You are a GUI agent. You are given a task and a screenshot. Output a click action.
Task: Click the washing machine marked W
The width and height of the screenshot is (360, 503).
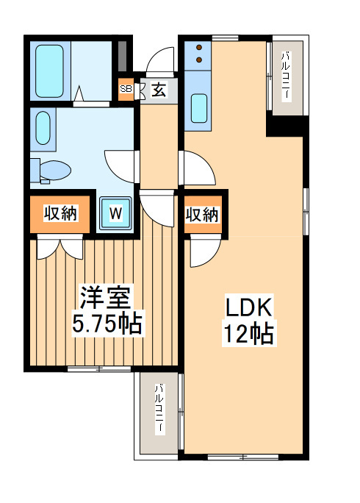click(115, 214)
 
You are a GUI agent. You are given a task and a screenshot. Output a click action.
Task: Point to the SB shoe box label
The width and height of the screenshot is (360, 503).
click(125, 90)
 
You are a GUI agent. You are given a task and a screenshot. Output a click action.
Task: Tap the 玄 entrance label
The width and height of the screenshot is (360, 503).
click(158, 90)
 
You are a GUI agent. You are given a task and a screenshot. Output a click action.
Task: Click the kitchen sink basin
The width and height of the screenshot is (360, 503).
click(199, 107)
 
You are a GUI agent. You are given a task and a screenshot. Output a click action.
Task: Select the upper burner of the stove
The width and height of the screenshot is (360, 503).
click(199, 49)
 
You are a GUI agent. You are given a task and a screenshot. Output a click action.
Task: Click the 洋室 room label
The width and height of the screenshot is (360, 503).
click(106, 298)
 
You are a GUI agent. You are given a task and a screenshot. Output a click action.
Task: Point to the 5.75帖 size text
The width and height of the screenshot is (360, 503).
click(106, 324)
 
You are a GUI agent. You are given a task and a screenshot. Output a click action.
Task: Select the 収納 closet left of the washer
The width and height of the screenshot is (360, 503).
click(61, 214)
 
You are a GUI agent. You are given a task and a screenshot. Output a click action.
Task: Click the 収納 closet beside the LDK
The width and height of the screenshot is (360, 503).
click(201, 215)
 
